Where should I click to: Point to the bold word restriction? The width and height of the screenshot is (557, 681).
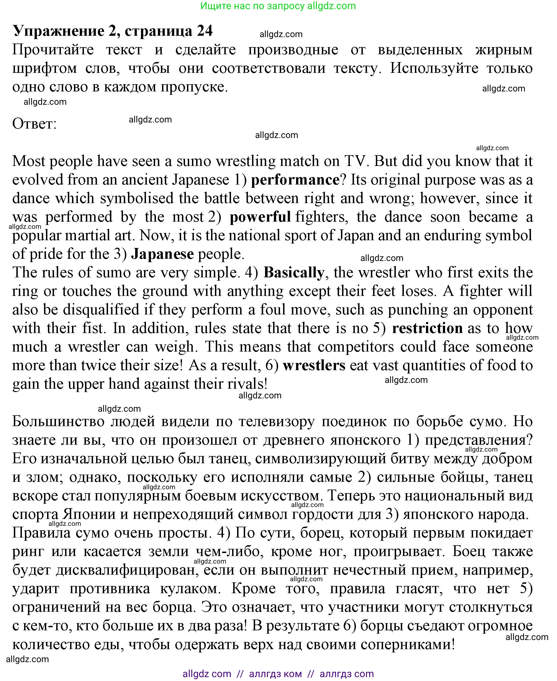point(427,328)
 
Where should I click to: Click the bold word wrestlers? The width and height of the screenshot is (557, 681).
point(314,365)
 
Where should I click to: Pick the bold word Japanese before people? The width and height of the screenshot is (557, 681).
point(162,254)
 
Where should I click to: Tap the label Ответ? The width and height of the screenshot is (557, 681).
point(34,124)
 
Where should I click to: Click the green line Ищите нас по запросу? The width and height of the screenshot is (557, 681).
point(278,6)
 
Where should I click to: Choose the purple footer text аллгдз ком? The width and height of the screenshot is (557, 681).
point(275,674)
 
